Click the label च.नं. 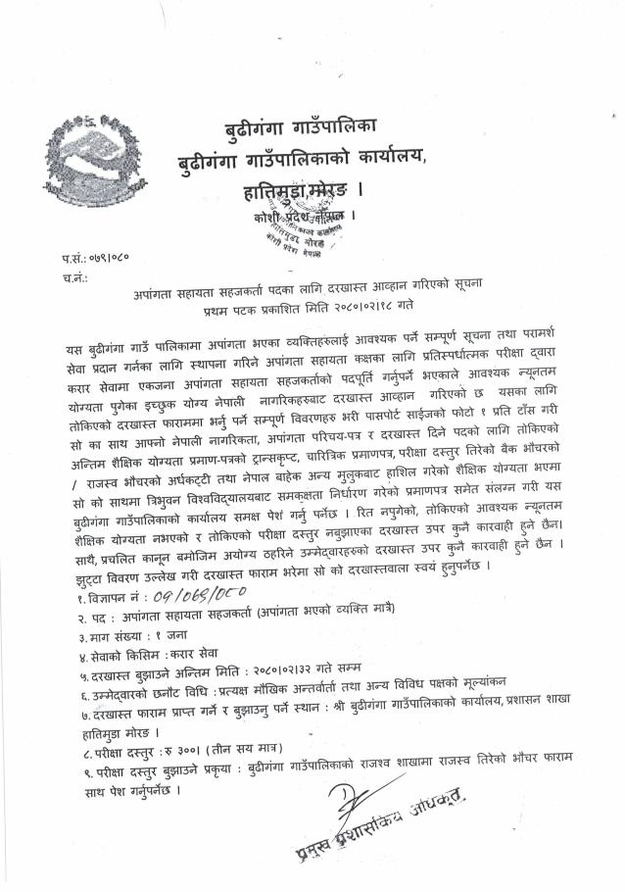pos(71,276)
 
